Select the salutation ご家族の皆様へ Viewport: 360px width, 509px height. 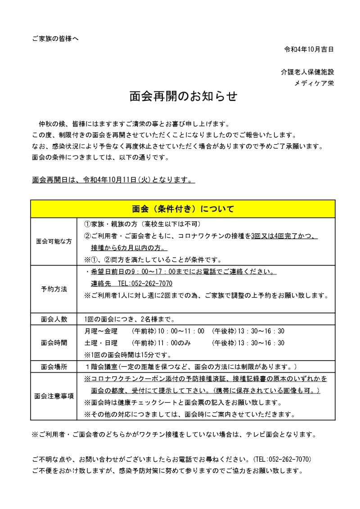coord(55,39)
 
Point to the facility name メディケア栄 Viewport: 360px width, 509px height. coord(314,83)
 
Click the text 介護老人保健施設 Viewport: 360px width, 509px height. coord(307,72)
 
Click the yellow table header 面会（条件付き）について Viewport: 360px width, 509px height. coord(183,209)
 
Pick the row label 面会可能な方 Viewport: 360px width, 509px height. coord(54,241)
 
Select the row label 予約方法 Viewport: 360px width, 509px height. coord(54,289)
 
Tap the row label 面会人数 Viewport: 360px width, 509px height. coord(54,319)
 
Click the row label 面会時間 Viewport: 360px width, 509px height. coord(54,343)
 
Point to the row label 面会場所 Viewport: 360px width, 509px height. coord(54,366)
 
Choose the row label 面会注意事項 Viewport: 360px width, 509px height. coord(54,396)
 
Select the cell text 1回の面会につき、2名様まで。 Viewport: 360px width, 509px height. coord(129,319)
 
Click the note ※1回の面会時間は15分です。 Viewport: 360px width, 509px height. coord(124,354)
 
